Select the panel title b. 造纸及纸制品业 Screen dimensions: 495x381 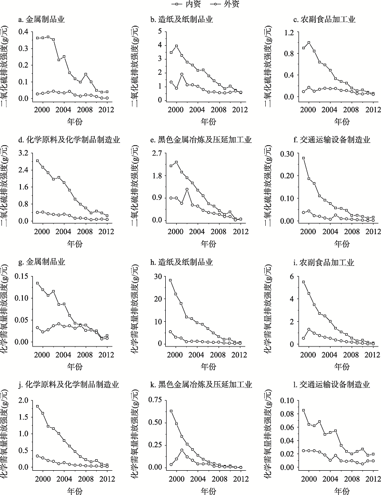[x=181, y=20]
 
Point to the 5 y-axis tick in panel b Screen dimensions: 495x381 [x=161, y=31]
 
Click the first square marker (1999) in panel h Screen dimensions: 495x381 [x=170, y=280]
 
